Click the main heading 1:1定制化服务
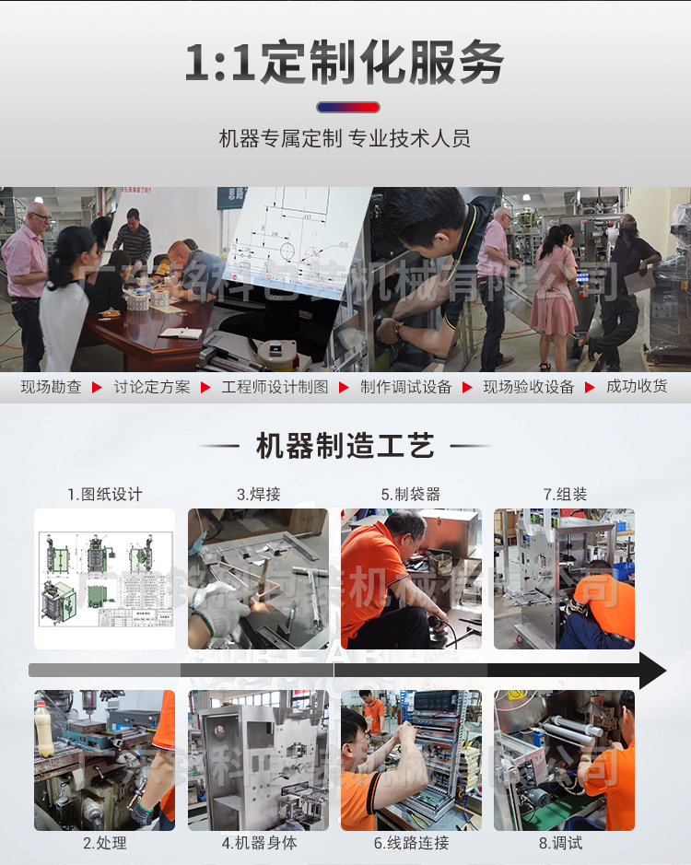tap(345, 63)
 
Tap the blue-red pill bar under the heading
tap(347, 107)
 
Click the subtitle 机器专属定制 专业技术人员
tap(345, 139)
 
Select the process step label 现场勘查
tap(52, 387)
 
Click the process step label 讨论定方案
tap(152, 387)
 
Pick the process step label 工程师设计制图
tap(275, 387)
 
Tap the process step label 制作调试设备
tap(406, 387)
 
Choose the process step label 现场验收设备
tap(529, 387)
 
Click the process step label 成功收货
tap(637, 387)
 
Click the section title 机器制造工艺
tap(345, 447)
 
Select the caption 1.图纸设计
tap(104, 495)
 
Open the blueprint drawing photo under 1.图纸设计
tap(104, 579)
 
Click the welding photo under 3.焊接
tap(258, 579)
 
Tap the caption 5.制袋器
tap(411, 495)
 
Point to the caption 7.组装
tap(565, 495)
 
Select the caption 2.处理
tap(104, 843)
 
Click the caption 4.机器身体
tap(259, 843)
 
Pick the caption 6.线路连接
tap(411, 843)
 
